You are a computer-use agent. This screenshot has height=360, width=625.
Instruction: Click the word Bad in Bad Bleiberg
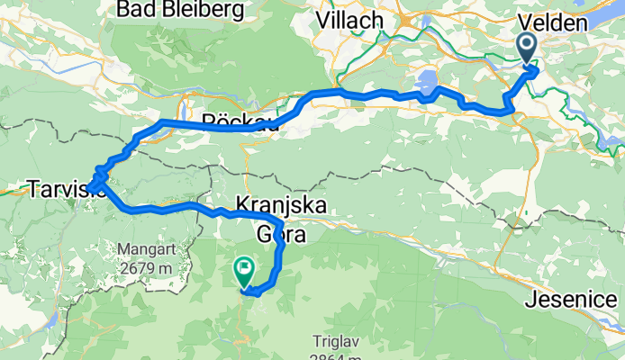pos(138,11)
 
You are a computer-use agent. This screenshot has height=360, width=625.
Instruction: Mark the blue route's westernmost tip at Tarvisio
pos(89,187)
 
